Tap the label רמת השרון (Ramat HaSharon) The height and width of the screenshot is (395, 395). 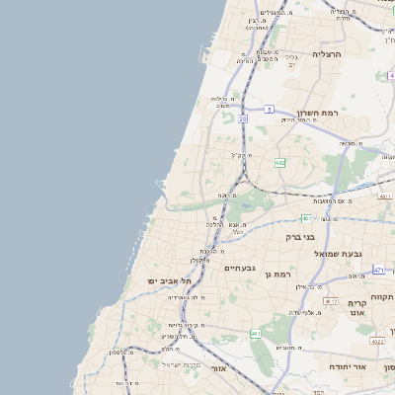[318, 115]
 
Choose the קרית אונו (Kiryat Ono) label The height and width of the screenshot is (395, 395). [357, 308]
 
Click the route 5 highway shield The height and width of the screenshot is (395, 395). [268, 110]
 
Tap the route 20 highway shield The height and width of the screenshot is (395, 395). [243, 118]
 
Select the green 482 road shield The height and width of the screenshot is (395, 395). [280, 162]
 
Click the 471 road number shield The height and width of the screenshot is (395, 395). [379, 269]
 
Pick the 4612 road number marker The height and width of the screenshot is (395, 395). [331, 301]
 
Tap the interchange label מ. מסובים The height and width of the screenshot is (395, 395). [288, 348]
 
